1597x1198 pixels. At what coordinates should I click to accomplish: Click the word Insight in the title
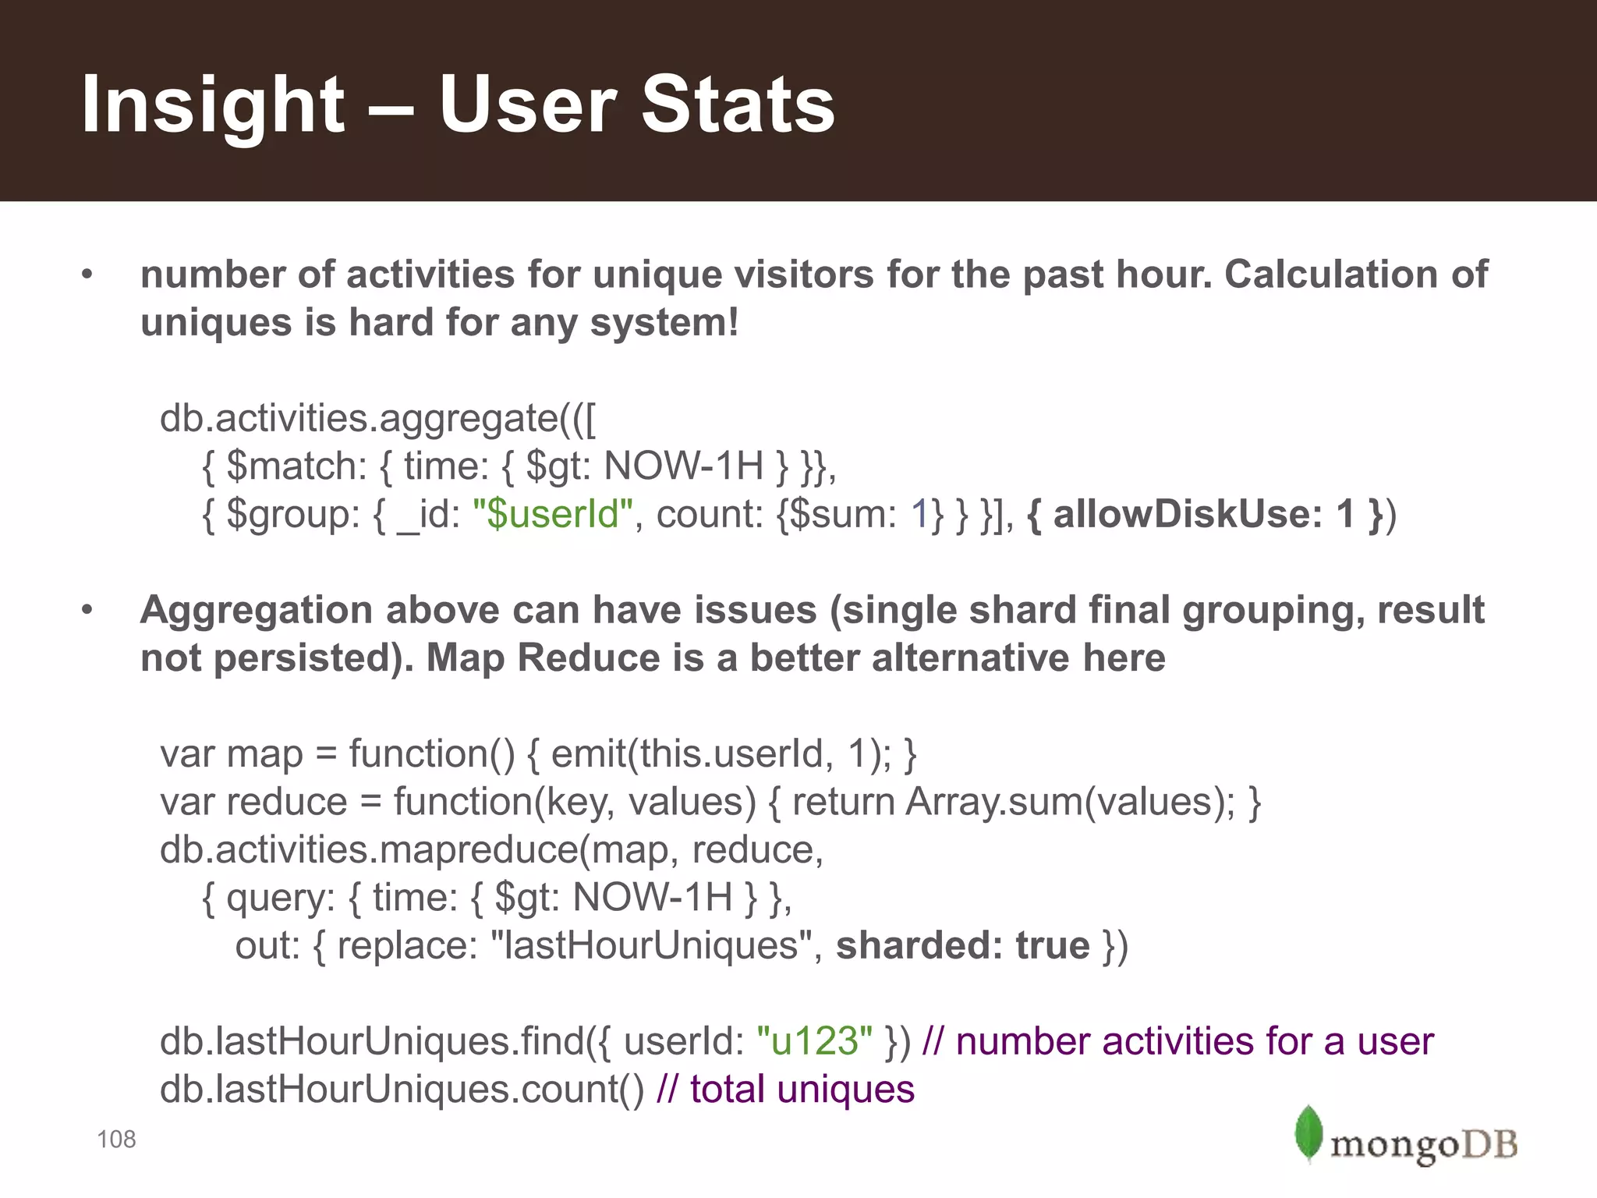click(x=212, y=105)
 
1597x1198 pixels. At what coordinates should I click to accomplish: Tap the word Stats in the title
click(x=738, y=105)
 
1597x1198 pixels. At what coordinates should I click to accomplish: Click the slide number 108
click(x=116, y=1140)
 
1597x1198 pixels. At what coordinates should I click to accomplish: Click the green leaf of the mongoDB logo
click(x=1308, y=1132)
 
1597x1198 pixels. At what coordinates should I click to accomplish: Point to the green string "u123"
click(x=814, y=1041)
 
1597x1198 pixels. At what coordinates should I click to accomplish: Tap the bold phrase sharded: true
click(x=962, y=945)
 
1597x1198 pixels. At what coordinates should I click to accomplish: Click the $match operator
click(x=296, y=466)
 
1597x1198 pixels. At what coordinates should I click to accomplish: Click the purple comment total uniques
click(x=802, y=1090)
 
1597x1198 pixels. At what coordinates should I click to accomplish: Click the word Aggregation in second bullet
click(x=256, y=610)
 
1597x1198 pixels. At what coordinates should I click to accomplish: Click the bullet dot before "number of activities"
click(x=87, y=275)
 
